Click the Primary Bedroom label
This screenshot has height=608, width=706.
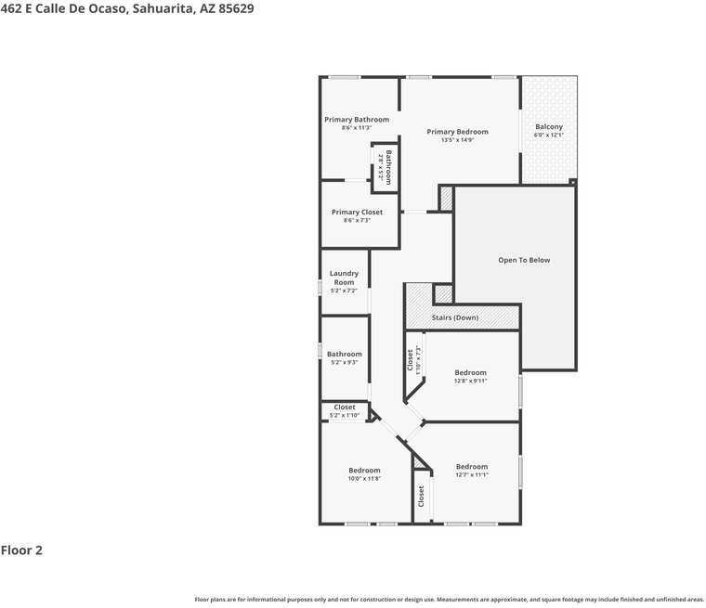point(457,132)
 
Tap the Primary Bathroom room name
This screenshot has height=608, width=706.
point(357,120)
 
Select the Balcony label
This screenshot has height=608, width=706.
point(548,127)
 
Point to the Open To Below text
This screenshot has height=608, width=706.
point(524,260)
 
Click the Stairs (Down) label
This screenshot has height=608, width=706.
point(455,317)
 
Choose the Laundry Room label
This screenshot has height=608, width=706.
point(344,278)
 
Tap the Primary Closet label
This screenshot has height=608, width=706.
point(357,213)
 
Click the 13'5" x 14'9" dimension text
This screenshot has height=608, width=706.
point(457,140)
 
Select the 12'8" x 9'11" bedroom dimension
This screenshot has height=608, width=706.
point(470,381)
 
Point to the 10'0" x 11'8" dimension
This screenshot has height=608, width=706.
point(364,479)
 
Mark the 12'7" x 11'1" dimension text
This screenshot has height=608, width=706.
point(472,475)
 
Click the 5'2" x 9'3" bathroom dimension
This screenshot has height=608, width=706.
point(344,362)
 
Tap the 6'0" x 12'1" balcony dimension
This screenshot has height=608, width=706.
point(548,136)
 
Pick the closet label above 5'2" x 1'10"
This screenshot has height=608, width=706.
point(344,407)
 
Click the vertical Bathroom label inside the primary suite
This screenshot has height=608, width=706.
point(388,167)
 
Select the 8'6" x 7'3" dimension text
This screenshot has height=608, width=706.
point(357,221)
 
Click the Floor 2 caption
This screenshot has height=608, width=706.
point(21,550)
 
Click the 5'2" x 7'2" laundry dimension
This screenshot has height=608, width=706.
point(344,291)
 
